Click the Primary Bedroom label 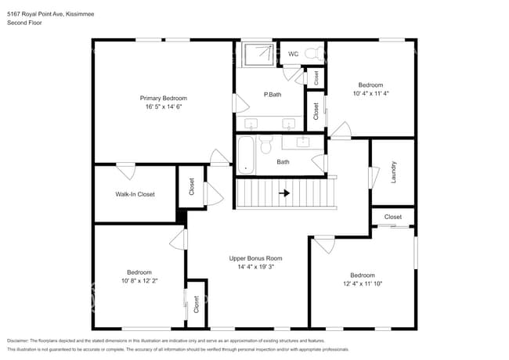tap(163, 98)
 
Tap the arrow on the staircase tap(285, 193)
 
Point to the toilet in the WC tap(314, 53)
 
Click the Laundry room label tap(393, 172)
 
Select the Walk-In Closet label tap(135, 194)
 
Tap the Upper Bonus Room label tap(255, 258)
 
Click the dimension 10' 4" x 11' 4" tap(370, 94)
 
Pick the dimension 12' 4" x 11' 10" tap(362, 284)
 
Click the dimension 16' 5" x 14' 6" tap(163, 107)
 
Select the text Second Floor tap(25, 23)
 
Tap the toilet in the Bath tap(266, 146)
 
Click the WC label tap(293, 54)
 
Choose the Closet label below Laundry tap(392, 217)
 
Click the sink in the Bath tap(303, 142)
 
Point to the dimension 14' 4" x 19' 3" tap(255, 267)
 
